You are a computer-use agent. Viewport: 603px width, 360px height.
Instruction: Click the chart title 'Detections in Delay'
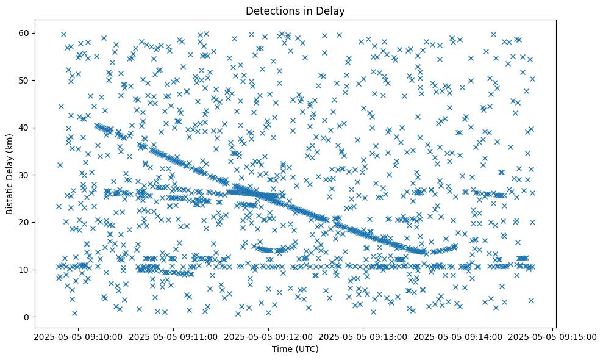[x=294, y=11]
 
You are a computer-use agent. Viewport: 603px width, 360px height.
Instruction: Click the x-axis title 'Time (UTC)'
[x=294, y=349]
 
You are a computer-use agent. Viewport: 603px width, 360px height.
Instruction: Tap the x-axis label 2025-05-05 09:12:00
[x=267, y=336]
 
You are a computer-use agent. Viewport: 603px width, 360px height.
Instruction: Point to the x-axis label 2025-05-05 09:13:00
[x=363, y=336]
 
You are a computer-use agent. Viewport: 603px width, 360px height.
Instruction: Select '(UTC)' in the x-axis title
[x=307, y=349]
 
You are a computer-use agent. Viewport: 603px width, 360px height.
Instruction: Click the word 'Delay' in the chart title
[x=332, y=11]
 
